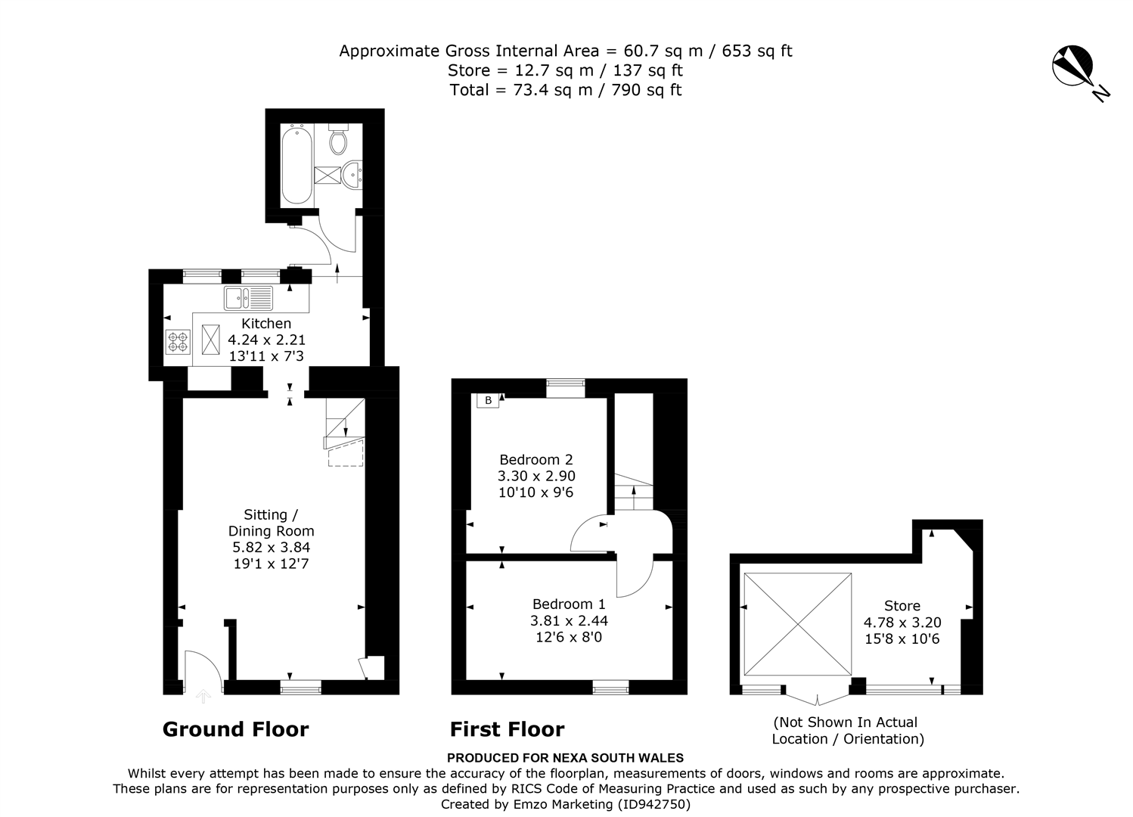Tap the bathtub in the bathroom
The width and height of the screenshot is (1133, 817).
296,166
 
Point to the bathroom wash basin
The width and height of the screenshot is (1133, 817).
352,175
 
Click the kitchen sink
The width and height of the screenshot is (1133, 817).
248,298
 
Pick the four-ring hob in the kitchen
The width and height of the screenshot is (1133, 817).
178,341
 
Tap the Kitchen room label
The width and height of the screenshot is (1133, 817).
266,323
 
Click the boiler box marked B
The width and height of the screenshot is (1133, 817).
488,401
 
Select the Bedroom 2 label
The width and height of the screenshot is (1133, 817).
536,459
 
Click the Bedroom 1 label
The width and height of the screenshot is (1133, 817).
569,604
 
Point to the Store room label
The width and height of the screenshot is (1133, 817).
902,605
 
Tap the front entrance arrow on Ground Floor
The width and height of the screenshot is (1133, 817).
203,696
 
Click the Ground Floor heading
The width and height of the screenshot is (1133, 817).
236,729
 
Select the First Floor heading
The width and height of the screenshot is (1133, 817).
508,729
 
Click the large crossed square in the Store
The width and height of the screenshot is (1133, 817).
798,624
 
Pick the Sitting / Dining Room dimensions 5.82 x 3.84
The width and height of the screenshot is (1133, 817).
271,547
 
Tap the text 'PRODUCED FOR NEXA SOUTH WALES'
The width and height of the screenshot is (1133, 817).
566,758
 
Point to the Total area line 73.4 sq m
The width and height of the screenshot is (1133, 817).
566,90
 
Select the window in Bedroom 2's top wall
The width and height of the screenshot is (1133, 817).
566,388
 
